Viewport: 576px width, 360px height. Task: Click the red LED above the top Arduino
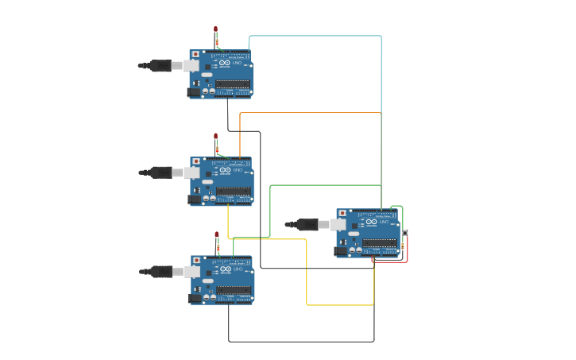point(215,30)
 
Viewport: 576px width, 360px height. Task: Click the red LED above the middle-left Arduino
point(215,137)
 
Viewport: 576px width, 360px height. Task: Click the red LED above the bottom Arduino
point(216,235)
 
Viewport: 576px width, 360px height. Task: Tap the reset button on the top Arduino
point(195,55)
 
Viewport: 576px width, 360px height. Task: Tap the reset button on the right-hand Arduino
point(342,214)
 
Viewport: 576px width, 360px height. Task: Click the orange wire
point(310,113)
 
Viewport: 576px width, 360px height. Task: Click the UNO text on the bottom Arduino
point(238,269)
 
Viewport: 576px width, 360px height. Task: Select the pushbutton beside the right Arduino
point(405,232)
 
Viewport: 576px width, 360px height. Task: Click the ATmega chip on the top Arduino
point(232,83)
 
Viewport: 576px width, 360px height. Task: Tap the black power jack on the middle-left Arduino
point(194,199)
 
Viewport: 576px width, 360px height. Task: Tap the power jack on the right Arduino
point(340,251)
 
